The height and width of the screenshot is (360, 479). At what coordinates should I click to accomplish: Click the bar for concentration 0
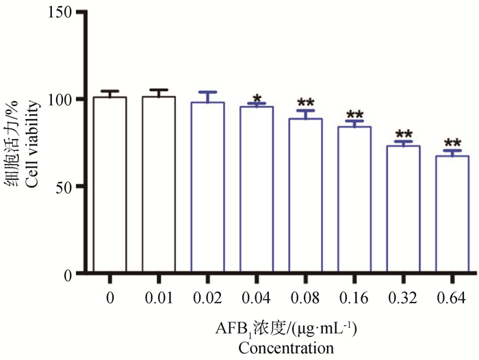(x=109, y=185)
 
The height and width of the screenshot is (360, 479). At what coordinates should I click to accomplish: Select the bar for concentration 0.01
(x=159, y=185)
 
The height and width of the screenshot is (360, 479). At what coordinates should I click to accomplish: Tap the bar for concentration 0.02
(x=207, y=188)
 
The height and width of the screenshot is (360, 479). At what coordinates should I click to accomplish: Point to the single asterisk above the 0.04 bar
(x=256, y=98)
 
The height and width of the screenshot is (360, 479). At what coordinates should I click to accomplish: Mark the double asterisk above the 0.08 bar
(x=305, y=103)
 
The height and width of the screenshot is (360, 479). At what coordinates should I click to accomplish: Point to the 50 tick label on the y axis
(x=64, y=186)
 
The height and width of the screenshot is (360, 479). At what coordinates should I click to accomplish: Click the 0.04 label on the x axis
(x=256, y=299)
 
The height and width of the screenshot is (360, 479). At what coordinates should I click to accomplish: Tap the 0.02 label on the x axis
(x=207, y=299)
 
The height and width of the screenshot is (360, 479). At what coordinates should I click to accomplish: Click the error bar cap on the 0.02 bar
(x=207, y=92)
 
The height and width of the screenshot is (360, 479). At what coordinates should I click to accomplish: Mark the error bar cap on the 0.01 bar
(x=159, y=90)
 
